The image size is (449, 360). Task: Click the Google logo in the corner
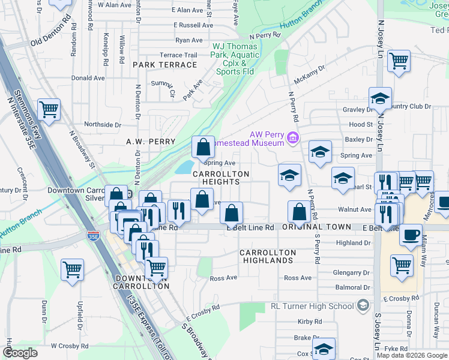pos(20,353)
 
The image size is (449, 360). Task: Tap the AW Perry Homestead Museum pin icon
pos(292,139)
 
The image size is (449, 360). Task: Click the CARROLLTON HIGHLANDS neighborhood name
pos(267,256)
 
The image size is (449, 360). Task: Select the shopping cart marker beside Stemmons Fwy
pos(49,110)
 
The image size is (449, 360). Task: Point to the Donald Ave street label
pos(88,78)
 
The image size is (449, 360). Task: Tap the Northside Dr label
pos(103,125)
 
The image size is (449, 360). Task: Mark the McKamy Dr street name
pos(309,80)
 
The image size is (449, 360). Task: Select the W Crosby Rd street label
pos(70,346)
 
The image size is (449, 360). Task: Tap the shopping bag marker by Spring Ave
pos(203,146)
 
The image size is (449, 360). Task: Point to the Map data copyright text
pos(412,355)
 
